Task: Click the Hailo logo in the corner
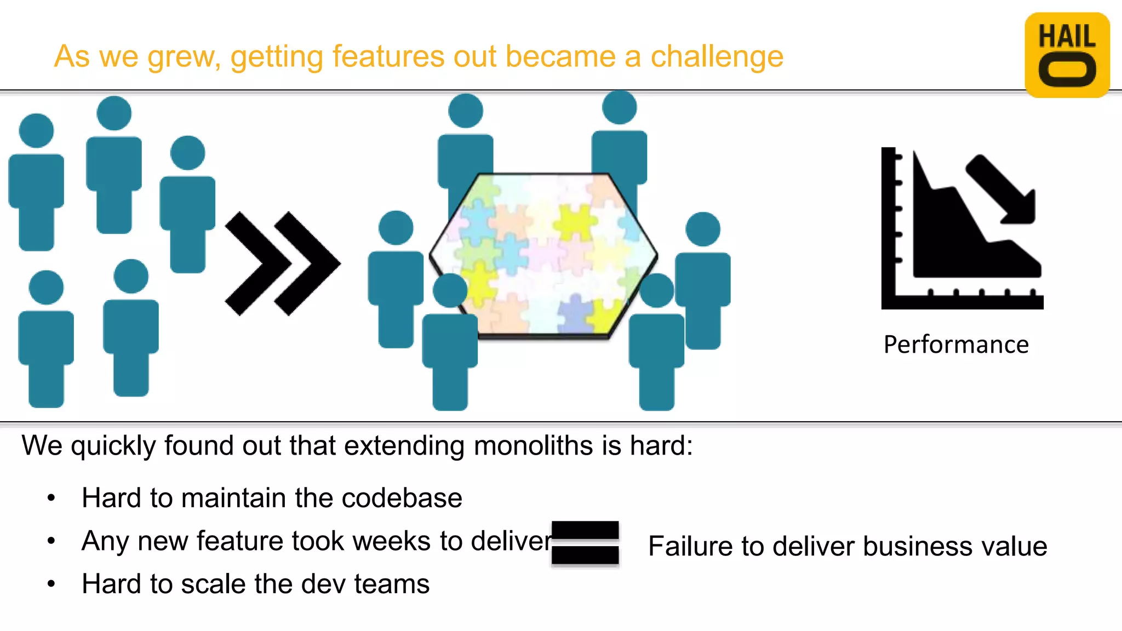coord(1067,55)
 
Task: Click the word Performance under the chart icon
coord(956,345)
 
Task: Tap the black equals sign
coord(585,543)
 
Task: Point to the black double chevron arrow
coord(282,263)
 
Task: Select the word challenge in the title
coord(717,56)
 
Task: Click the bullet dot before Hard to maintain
coord(51,498)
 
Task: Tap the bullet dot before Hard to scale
coord(51,584)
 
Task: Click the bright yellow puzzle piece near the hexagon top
coord(574,222)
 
